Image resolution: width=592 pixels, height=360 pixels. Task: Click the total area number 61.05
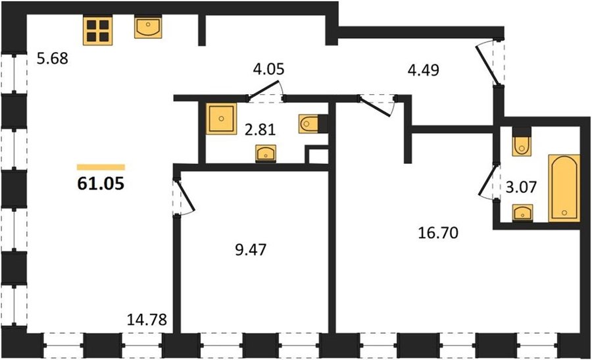[101, 184]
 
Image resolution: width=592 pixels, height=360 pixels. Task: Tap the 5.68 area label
[53, 59]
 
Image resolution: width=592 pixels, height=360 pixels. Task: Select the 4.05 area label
[268, 69]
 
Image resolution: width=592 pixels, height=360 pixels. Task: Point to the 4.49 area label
[424, 70]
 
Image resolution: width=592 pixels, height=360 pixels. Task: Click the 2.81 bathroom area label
[260, 130]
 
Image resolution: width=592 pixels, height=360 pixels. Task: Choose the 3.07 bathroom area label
[521, 187]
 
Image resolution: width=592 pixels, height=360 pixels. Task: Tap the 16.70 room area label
[438, 233]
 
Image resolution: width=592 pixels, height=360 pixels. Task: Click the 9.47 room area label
[251, 249]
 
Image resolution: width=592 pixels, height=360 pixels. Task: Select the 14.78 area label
[147, 320]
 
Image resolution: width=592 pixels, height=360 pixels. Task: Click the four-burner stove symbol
[98, 30]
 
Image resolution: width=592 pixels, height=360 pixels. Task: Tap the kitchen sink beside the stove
[148, 27]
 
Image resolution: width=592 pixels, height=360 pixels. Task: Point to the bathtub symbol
[564, 188]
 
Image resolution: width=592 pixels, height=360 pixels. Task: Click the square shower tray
[222, 118]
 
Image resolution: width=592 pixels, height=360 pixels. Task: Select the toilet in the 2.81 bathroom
[312, 124]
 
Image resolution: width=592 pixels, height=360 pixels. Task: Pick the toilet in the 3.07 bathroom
[522, 141]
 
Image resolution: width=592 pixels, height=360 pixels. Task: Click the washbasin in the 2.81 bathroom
[266, 153]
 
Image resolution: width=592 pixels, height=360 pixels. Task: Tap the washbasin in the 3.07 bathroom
[522, 213]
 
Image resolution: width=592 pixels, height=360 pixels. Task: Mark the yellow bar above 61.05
[101, 167]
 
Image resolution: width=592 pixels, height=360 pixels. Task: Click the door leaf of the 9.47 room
[185, 195]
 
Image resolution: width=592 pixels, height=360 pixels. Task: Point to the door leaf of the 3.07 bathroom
[487, 180]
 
